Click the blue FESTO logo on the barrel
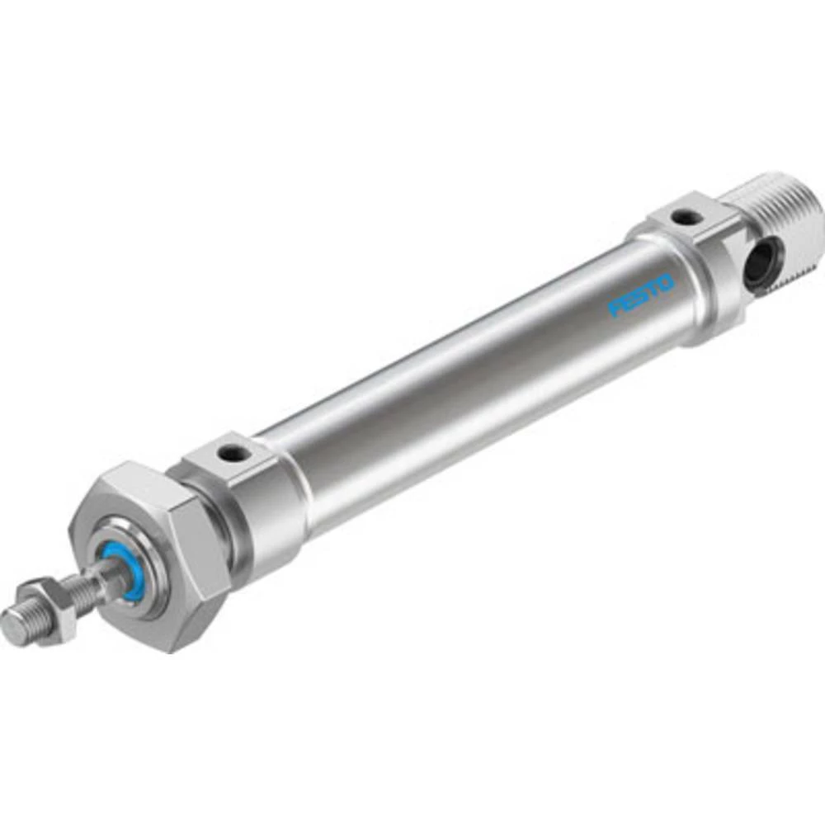click(641, 295)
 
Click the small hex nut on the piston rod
click(49, 609)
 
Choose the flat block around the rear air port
click(689, 223)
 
